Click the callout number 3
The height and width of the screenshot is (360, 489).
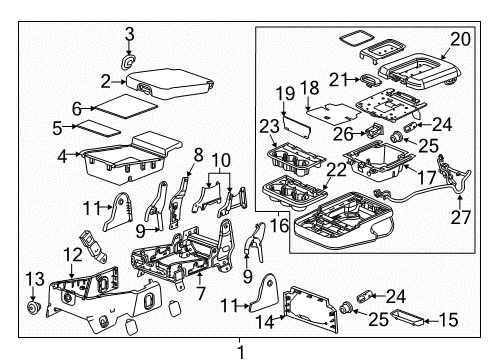tap(129, 37)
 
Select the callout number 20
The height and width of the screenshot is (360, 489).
tap(459, 39)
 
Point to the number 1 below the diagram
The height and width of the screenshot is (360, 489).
tap(240, 350)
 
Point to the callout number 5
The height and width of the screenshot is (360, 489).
tap(57, 127)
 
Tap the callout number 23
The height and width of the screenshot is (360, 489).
tap(267, 126)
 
